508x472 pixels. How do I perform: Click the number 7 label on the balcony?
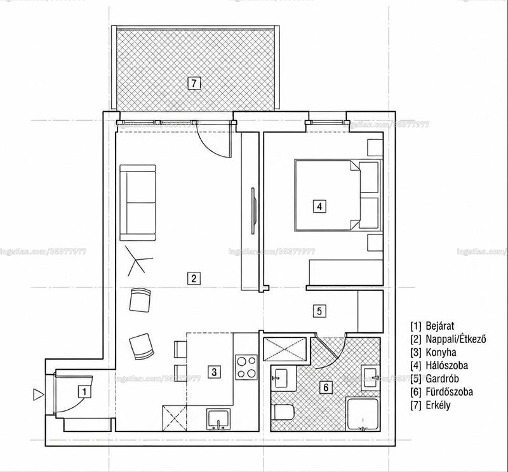click(194, 83)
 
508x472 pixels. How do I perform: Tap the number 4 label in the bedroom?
click(319, 206)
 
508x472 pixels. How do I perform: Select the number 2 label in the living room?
click(194, 278)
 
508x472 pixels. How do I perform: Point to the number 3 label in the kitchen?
click(214, 372)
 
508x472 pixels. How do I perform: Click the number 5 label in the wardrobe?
click(319, 311)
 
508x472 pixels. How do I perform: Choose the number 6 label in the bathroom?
click(326, 387)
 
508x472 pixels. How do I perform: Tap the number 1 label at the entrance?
click(84, 392)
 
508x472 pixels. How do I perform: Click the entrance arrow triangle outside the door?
click(38, 394)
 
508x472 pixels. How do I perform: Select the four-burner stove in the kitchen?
click(247, 367)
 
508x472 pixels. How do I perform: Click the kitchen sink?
click(218, 419)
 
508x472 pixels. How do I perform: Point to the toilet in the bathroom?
click(283, 412)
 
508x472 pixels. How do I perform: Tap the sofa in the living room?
click(138, 203)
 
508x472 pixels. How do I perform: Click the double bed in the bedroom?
click(337, 195)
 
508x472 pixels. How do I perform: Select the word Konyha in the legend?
click(441, 352)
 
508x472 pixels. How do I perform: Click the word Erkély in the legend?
click(438, 405)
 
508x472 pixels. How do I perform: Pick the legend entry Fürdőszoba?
click(449, 391)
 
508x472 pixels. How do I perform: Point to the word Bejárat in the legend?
click(440, 326)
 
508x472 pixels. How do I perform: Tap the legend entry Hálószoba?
click(447, 365)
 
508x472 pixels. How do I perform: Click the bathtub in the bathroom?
click(363, 414)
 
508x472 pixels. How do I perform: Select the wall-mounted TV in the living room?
click(253, 210)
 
